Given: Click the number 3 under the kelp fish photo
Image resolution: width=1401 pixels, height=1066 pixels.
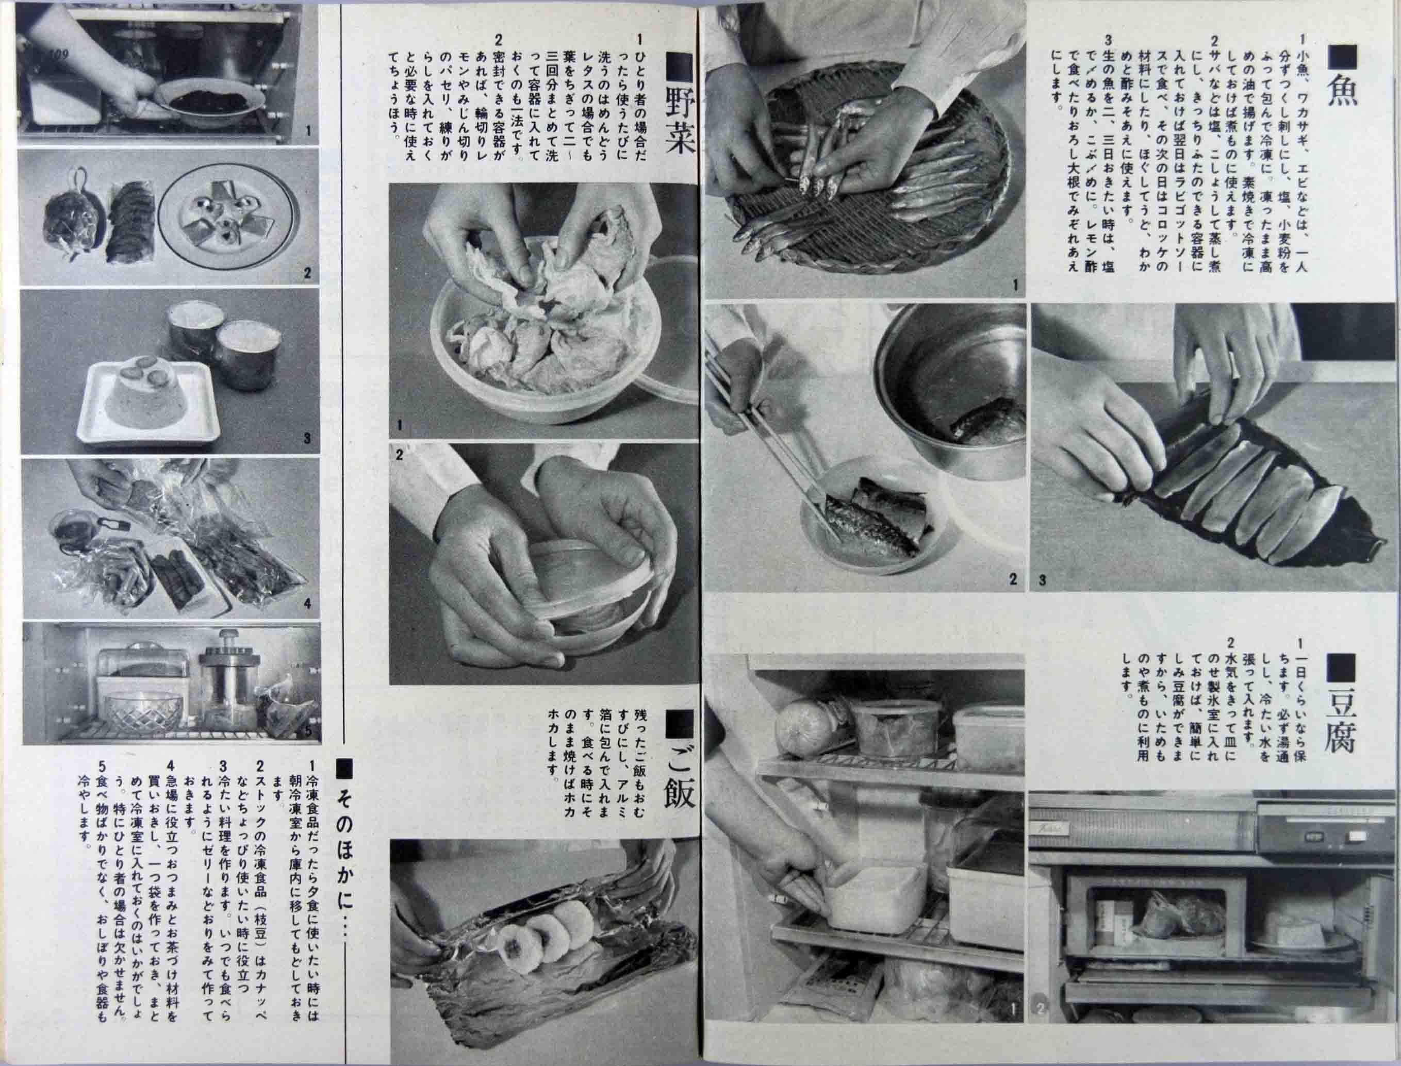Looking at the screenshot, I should click(1042, 579).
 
